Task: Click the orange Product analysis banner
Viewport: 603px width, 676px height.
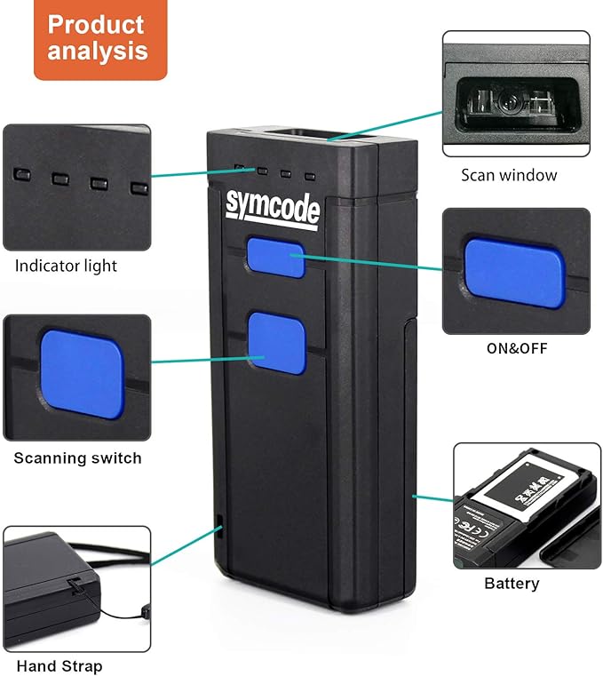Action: pos(100,39)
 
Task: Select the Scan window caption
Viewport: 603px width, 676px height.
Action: pos(509,175)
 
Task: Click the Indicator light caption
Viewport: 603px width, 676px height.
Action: pos(66,266)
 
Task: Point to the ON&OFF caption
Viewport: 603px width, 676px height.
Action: pos(516,347)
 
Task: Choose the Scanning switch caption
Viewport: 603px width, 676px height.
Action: pos(77,458)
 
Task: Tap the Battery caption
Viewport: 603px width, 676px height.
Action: pos(512,584)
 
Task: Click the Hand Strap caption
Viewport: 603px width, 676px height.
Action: pos(60,665)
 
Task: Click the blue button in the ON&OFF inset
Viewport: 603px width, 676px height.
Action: pos(514,272)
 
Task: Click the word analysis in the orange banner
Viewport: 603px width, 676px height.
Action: pos(98,52)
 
